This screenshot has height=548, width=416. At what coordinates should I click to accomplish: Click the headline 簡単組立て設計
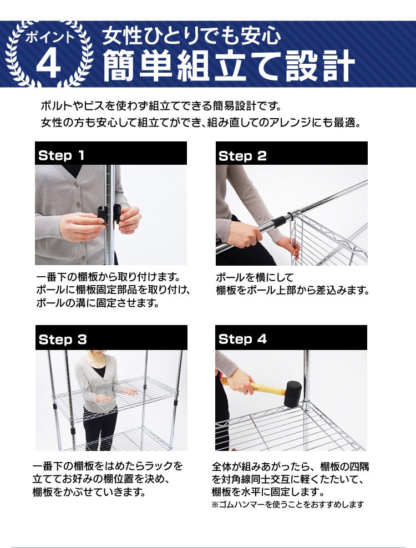pos(228,65)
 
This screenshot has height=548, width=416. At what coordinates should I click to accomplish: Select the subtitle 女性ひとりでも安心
pos(191,36)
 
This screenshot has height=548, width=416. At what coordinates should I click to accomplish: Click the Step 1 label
pos(61,156)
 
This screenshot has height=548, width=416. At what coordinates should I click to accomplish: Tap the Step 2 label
pos(242,156)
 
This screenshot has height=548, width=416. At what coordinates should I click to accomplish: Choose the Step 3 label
pos(63,339)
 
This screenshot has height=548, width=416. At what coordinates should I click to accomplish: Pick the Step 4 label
pos(242,339)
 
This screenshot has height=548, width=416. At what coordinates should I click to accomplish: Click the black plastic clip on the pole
pos(110,214)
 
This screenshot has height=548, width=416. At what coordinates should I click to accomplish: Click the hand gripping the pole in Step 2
pos(243,235)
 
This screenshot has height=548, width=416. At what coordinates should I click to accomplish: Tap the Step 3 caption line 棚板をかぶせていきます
pos(89,492)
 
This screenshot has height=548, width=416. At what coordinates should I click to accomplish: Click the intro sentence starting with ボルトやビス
pos(161,105)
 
